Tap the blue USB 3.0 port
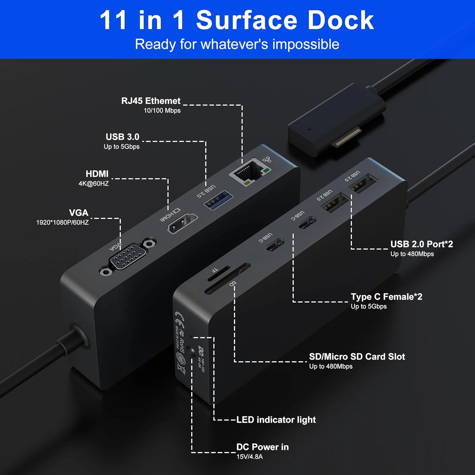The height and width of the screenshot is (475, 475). coord(218,199)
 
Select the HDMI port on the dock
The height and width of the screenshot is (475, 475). coord(182,224)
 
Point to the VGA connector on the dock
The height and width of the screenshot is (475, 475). coord(128,257)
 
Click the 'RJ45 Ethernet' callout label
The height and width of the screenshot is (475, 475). coord(151,101)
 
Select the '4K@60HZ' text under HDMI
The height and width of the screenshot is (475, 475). coord(94,184)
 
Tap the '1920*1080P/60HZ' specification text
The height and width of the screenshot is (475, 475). coord(62,222)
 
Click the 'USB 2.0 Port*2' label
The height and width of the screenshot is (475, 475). coord(421,244)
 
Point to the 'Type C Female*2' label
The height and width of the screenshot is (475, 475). coord(386,297)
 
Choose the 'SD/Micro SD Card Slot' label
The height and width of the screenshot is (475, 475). coord(357,357)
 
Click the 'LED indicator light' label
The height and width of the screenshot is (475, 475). coord(276,420)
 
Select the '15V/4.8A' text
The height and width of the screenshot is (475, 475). coord(250,457)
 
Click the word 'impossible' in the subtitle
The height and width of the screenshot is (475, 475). coord(306,44)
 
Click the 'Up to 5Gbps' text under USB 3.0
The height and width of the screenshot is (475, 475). coord(122,147)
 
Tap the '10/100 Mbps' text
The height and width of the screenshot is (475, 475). coord(162,111)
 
